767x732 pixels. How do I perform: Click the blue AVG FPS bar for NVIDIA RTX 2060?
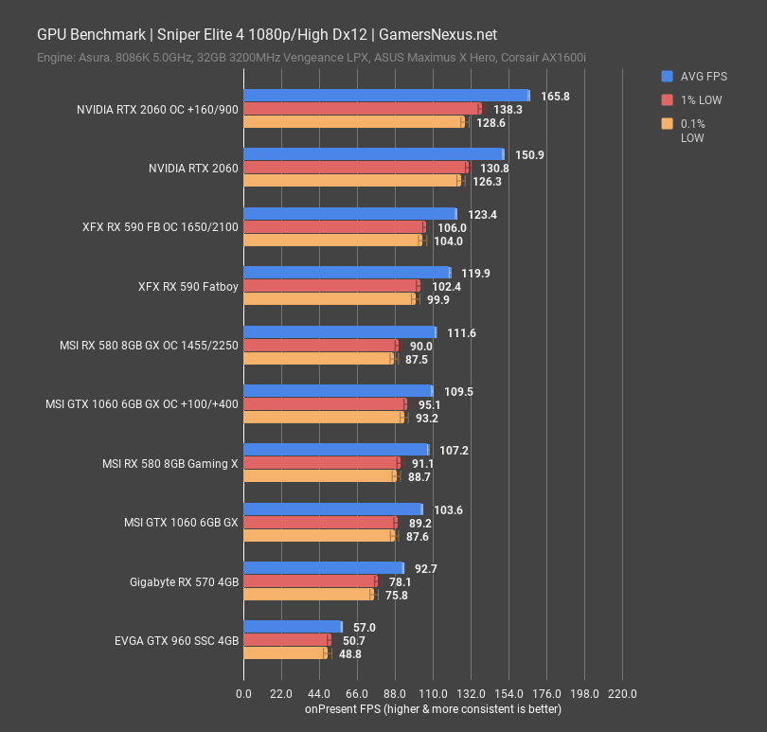[373, 154]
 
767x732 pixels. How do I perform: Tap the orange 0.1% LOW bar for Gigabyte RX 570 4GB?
[309, 595]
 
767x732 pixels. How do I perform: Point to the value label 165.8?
[555, 97]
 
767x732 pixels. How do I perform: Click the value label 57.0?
[365, 628]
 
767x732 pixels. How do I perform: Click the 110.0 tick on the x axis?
[433, 694]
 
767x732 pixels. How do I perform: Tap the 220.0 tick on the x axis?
[622, 694]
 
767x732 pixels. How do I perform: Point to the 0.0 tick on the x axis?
[243, 694]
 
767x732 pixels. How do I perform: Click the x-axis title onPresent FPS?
[433, 709]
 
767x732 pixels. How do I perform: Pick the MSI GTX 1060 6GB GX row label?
[181, 522]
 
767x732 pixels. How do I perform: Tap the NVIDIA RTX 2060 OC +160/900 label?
[157, 109]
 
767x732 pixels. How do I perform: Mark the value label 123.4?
[482, 215]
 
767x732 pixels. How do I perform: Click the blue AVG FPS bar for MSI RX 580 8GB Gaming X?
[335, 450]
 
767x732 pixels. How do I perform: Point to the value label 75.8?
[396, 596]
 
